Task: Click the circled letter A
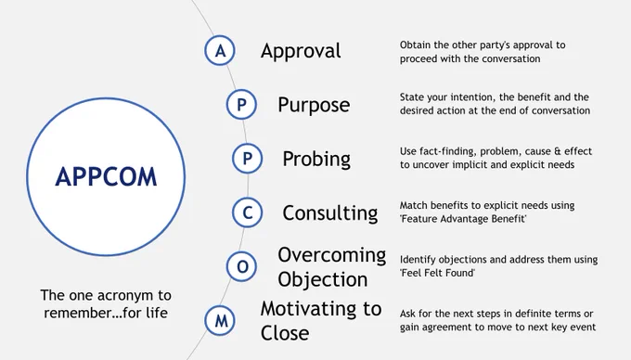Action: click(x=220, y=51)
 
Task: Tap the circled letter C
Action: click(x=248, y=212)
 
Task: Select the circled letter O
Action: click(x=242, y=266)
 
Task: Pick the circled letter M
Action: click(x=220, y=321)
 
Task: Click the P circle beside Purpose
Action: click(x=241, y=105)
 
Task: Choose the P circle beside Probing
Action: click(x=248, y=159)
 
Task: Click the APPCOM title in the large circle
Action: click(x=106, y=177)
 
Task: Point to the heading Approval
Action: click(x=301, y=51)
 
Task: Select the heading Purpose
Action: click(x=314, y=106)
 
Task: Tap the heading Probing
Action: click(x=316, y=160)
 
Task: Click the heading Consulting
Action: click(x=330, y=213)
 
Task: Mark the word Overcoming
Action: click(x=332, y=255)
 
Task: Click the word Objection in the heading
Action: click(x=323, y=279)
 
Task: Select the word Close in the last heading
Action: click(x=285, y=333)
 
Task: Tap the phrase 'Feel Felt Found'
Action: click(x=437, y=273)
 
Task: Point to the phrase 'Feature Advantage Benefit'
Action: click(x=463, y=219)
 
